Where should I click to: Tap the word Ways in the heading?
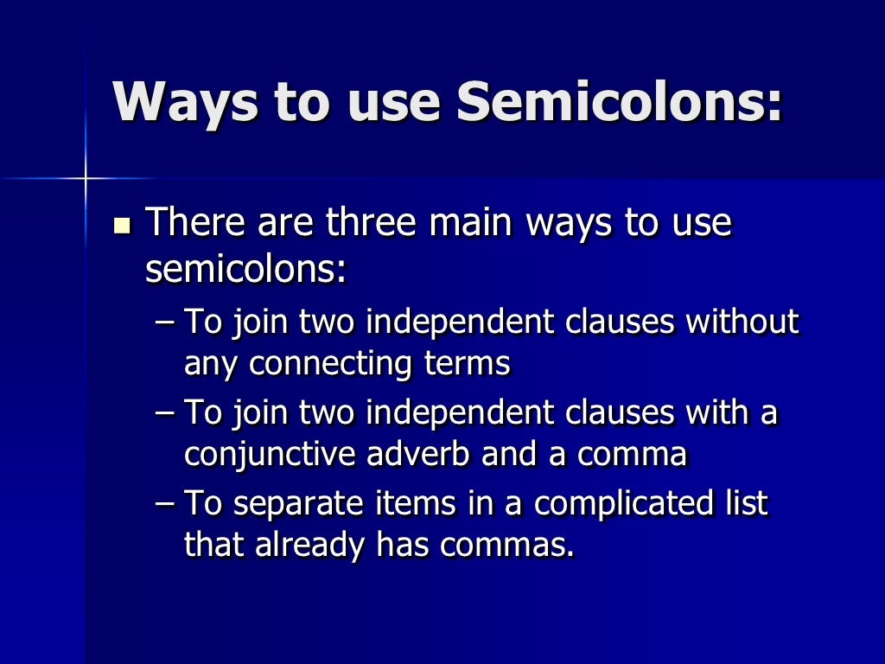(x=186, y=101)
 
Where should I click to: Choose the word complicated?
(x=620, y=503)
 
